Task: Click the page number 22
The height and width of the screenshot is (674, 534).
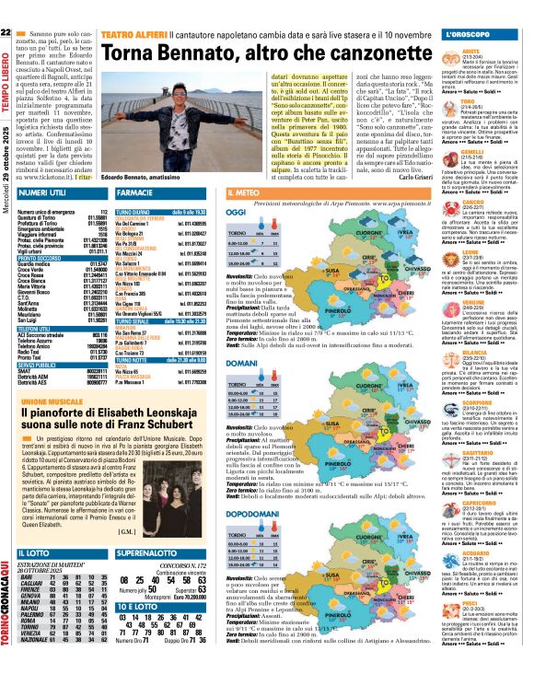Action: [6, 32]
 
